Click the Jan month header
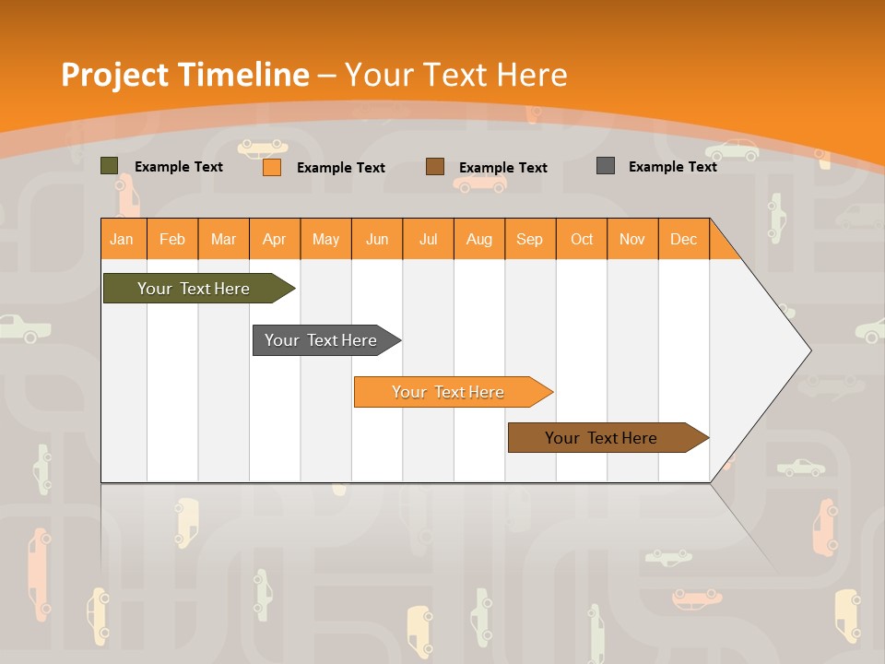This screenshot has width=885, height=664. point(122,239)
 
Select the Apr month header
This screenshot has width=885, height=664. point(275,239)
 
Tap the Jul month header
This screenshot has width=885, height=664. point(428,239)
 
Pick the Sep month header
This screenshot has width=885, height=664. point(529,239)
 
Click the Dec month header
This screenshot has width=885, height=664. point(683,239)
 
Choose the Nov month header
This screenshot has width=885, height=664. point(631,239)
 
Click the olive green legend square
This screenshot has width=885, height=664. point(109,166)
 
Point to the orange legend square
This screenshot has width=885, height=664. point(271,167)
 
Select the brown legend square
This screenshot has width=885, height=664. point(435,167)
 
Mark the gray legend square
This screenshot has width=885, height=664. point(605,166)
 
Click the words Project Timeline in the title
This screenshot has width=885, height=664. point(184,74)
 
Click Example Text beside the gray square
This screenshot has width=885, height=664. point(672,167)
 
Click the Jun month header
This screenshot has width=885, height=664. point(377,239)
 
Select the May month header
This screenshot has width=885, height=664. point(325,239)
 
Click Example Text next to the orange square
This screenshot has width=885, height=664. point(340,168)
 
